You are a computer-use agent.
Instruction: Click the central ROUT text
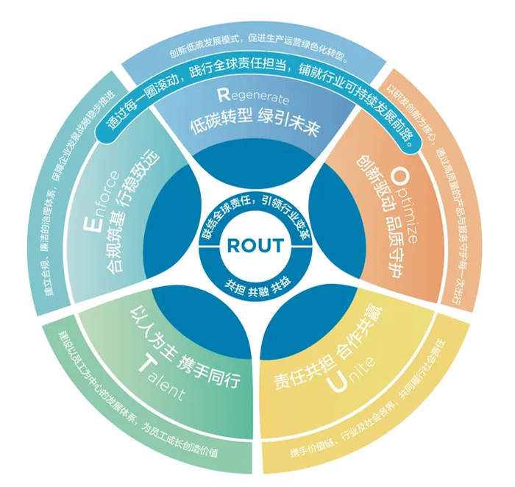click(x=253, y=244)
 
